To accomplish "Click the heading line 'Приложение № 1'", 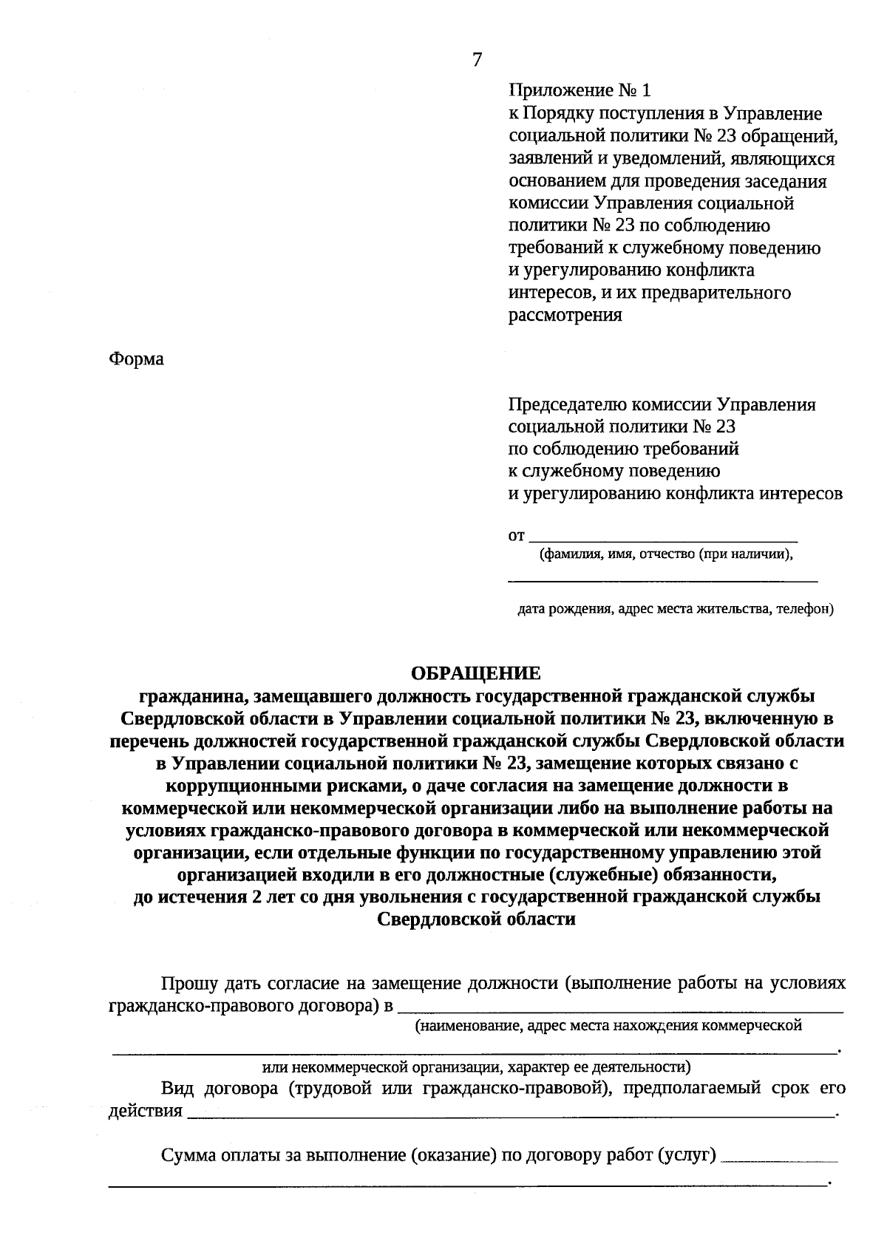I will pos(580,91).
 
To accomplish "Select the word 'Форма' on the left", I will pos(137,360).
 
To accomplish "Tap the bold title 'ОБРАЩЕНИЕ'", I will pos(475,673).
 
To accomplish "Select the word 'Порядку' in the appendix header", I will pos(555,114).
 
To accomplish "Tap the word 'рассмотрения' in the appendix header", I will pos(565,316).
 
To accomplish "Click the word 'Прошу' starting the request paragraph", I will pos(189,984).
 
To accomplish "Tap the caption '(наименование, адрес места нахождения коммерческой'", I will pos(608,1026).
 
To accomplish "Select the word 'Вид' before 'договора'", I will pos(177,1089).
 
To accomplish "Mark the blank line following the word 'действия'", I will pos(510,1114).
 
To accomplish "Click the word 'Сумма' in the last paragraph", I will pos(188,1155).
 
